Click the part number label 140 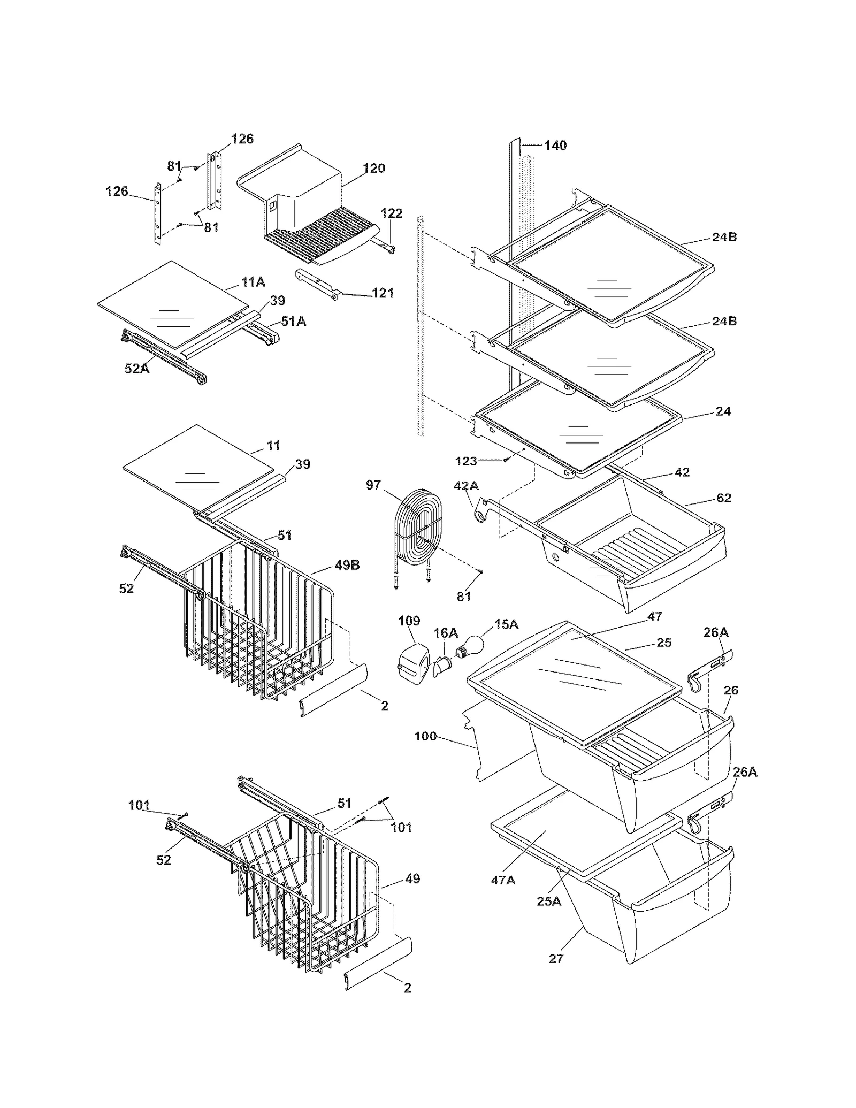(555, 146)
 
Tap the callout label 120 (373, 169)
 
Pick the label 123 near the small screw (466, 461)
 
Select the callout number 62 (723, 498)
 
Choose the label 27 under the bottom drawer (556, 958)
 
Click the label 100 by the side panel (425, 736)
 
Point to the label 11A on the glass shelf (253, 282)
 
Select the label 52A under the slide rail (137, 368)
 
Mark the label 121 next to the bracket (383, 293)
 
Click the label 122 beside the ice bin (391, 213)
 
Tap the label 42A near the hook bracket (466, 486)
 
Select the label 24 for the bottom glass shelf (723, 411)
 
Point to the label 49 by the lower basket (412, 878)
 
